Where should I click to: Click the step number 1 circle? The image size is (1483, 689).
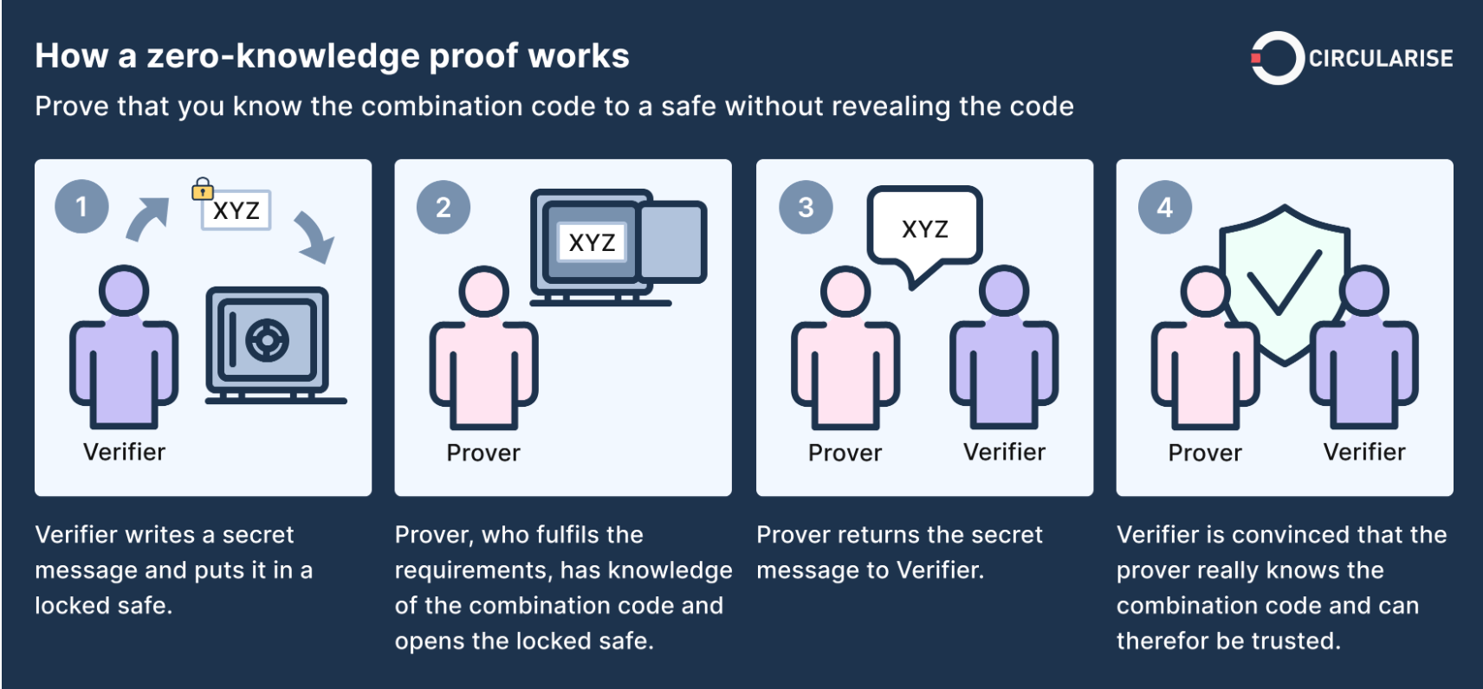[81, 207]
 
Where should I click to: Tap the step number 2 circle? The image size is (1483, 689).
[443, 207]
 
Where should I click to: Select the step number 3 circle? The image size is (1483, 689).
[805, 207]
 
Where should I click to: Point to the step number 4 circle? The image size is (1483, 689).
[1164, 207]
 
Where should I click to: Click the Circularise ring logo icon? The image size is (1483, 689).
[1276, 58]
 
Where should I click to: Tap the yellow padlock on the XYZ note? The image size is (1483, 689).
[202, 189]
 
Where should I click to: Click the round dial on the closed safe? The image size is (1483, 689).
[267, 340]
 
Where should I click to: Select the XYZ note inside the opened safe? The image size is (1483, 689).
[592, 242]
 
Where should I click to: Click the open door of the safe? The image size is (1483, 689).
[673, 241]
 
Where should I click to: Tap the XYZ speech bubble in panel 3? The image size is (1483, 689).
[924, 229]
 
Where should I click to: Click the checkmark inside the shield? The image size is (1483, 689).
[1284, 281]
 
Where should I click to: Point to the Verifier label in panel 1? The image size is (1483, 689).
[124, 452]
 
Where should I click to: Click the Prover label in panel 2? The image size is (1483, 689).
[483, 453]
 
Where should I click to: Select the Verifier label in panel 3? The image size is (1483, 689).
[1004, 452]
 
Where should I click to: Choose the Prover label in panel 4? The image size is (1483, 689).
[1204, 453]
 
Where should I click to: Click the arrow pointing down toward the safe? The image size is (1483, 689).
[314, 236]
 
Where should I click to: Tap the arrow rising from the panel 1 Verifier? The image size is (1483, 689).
[146, 218]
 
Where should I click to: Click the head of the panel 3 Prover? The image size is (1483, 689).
[845, 291]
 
